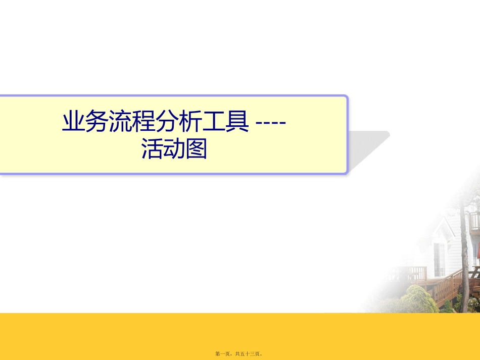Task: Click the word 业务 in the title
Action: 84,122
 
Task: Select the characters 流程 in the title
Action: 130,122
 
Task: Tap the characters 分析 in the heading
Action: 175,122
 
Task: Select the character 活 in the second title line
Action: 153,149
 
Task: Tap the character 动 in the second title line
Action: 175,149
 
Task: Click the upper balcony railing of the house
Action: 475,222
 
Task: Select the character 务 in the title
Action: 96,122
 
